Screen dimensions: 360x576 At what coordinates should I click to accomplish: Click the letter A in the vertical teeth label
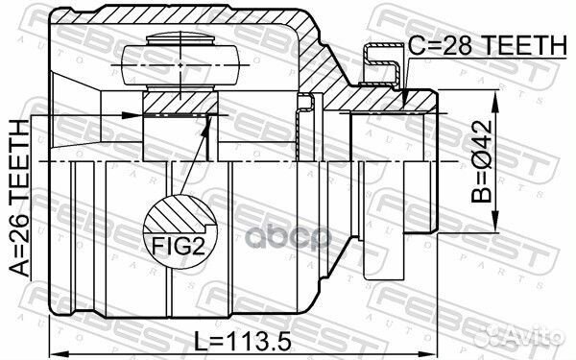(x=16, y=271)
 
